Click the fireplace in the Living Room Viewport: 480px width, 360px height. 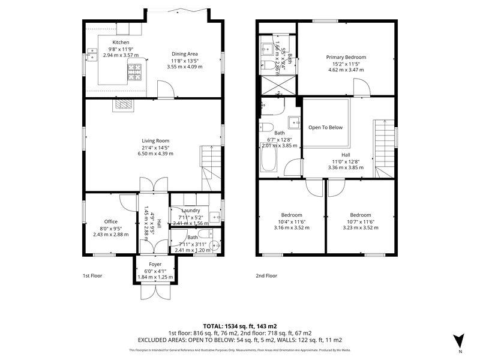point(124,105)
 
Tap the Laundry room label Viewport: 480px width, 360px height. point(190,210)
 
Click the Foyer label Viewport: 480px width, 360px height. point(155,263)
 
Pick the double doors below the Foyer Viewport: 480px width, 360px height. point(155,290)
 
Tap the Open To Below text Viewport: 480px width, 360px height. point(325,127)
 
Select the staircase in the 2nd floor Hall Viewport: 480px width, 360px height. point(382,147)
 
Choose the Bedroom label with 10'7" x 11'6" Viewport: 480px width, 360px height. point(360,215)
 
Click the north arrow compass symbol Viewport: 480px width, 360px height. point(459,340)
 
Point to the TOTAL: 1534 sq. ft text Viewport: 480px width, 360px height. point(239,325)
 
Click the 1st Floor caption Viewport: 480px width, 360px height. point(94,275)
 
